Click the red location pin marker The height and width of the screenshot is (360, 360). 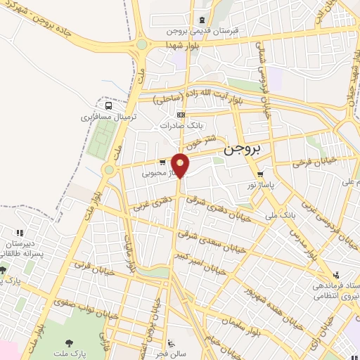(x=181, y=166)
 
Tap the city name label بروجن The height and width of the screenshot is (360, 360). (x=243, y=150)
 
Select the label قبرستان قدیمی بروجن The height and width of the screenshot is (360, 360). (x=203, y=32)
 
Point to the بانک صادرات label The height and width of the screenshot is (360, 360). (x=181, y=124)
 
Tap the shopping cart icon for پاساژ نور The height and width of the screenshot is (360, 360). (x=261, y=174)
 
